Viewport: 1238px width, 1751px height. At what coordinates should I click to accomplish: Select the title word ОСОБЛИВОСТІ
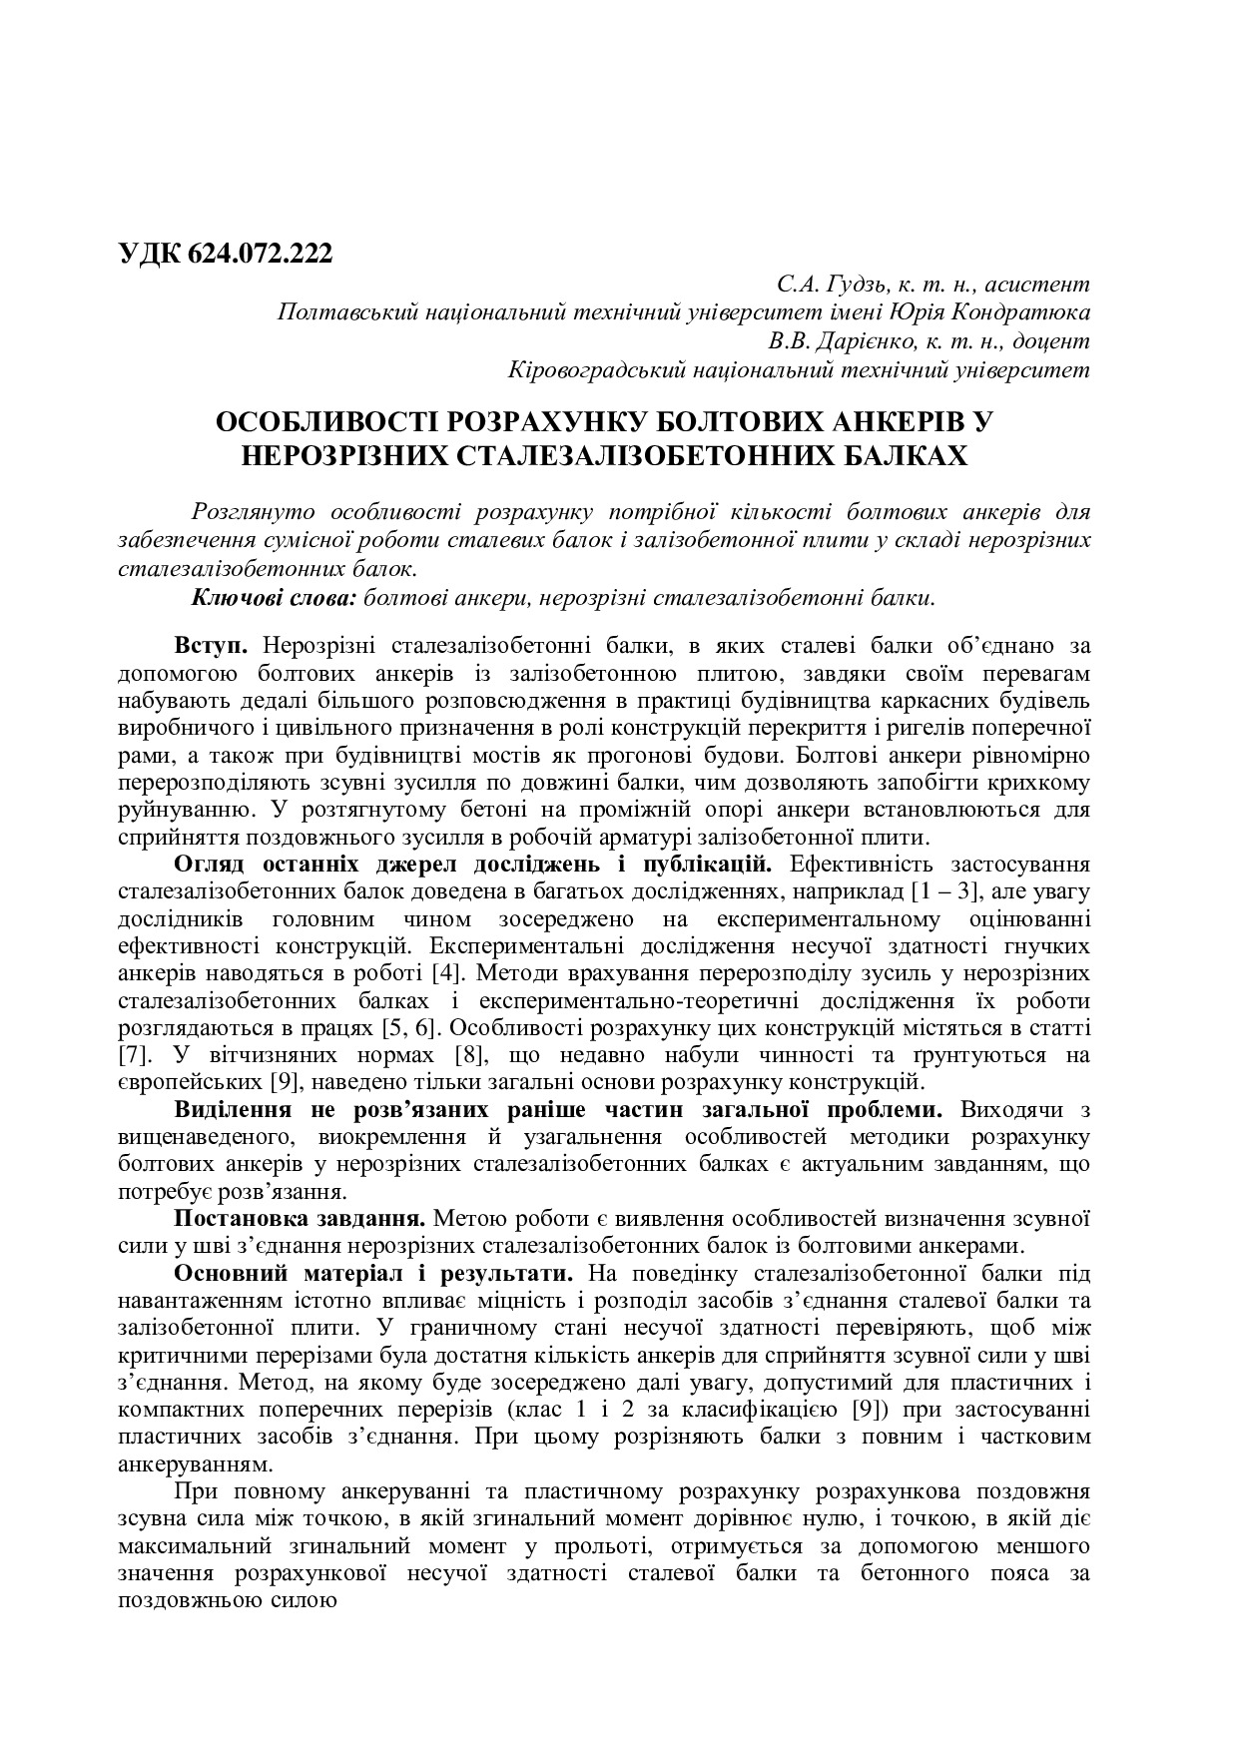329,423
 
